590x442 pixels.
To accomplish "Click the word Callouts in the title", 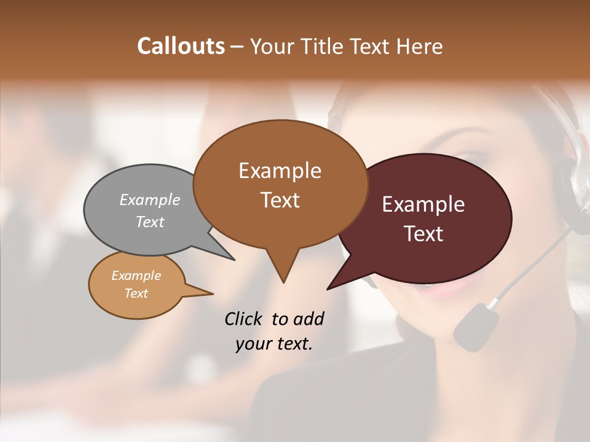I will point(181,46).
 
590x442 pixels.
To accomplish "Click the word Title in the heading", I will point(323,46).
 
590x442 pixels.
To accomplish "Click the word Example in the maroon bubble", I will point(423,204).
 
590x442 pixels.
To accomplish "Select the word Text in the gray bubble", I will point(150,222).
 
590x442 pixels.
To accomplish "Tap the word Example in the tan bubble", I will point(136,276).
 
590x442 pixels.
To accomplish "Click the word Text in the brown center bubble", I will point(280,200).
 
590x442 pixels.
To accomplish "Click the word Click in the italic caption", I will point(244,319).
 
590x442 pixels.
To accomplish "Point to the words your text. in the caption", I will point(274,344).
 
